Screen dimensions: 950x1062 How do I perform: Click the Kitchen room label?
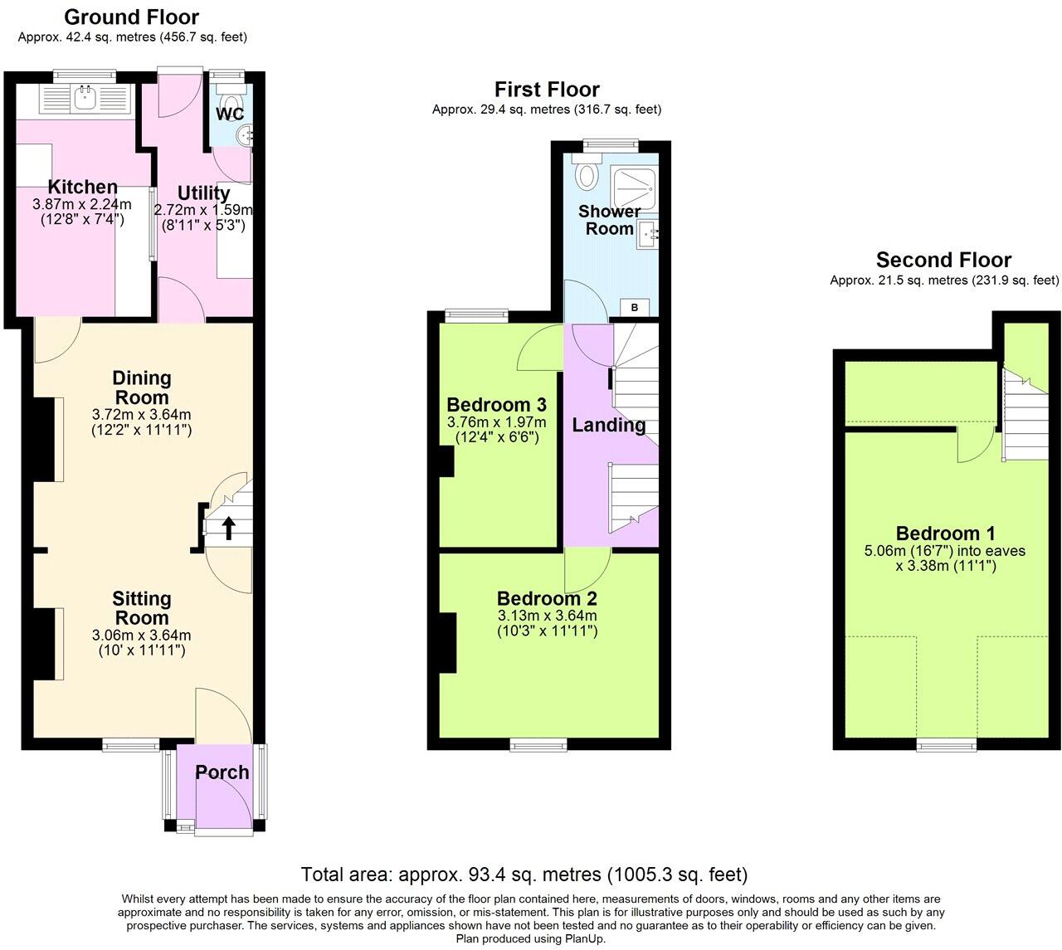(x=82, y=187)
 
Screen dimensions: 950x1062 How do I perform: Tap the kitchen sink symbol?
(x=85, y=98)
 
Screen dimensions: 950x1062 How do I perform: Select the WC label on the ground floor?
(x=230, y=114)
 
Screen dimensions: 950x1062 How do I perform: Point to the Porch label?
(x=222, y=772)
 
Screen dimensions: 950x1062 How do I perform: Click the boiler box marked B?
(x=635, y=308)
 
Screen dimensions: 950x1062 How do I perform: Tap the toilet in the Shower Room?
(x=588, y=175)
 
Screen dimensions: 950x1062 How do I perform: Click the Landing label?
(x=609, y=426)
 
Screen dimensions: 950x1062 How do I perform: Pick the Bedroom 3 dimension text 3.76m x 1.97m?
(x=496, y=422)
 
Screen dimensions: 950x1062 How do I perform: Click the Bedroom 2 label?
(x=547, y=598)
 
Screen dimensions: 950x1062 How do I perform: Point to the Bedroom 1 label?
(x=945, y=533)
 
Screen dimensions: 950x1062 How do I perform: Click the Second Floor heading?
(x=943, y=260)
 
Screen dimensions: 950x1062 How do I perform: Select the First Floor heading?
(x=547, y=90)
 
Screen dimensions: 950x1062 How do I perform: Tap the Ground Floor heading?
(x=132, y=17)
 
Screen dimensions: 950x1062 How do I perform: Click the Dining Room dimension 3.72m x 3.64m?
(x=142, y=414)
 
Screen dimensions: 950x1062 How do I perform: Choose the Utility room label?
(x=203, y=193)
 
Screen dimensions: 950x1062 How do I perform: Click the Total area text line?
(x=524, y=874)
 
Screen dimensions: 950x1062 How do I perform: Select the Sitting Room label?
(x=142, y=608)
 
